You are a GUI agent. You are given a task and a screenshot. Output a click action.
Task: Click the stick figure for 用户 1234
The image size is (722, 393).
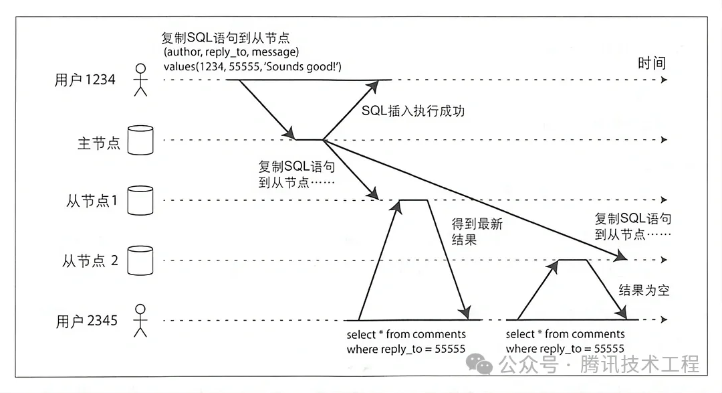(x=140, y=80)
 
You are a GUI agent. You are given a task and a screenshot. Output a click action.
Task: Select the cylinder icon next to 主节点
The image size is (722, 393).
(x=140, y=140)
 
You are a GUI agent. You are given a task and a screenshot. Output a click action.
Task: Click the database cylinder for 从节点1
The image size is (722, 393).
(x=140, y=200)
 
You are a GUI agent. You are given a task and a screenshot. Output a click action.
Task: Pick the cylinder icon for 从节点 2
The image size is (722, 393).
(x=140, y=260)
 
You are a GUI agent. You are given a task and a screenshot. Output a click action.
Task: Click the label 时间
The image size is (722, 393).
(x=652, y=64)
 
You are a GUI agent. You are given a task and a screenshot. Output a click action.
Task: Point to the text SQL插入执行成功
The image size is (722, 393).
(x=412, y=111)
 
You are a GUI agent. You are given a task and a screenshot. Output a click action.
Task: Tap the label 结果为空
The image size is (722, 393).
(x=644, y=291)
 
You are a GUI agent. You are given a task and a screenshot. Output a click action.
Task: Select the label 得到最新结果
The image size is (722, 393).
(x=477, y=232)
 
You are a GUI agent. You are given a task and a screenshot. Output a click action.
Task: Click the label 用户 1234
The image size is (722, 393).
(x=85, y=80)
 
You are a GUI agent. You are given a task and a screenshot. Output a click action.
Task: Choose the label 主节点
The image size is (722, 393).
(x=98, y=143)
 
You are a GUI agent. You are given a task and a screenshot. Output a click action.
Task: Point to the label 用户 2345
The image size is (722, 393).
(x=87, y=321)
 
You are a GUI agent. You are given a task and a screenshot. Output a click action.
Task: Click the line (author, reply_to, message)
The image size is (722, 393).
(x=231, y=52)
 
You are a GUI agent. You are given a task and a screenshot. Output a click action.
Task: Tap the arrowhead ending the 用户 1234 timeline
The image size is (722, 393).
(x=663, y=80)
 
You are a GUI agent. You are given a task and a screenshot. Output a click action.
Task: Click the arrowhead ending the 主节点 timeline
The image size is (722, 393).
(x=663, y=140)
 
